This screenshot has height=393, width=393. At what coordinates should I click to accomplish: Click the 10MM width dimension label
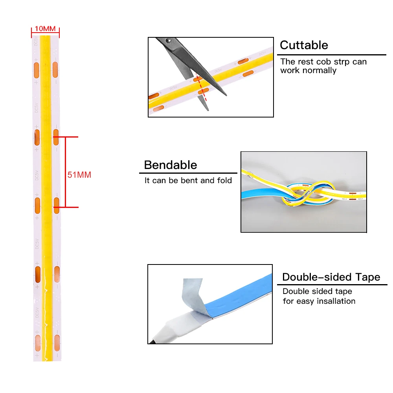[x=45, y=28]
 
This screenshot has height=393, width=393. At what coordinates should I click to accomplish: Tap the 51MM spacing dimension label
[x=79, y=175]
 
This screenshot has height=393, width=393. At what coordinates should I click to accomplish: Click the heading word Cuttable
[x=304, y=45]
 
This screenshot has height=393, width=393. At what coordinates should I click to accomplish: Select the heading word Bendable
[x=170, y=165]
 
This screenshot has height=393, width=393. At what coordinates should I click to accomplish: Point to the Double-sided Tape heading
[x=331, y=277]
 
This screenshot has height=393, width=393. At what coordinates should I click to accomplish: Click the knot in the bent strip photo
[x=302, y=195]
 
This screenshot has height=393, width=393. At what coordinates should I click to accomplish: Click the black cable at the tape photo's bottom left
[x=153, y=340]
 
